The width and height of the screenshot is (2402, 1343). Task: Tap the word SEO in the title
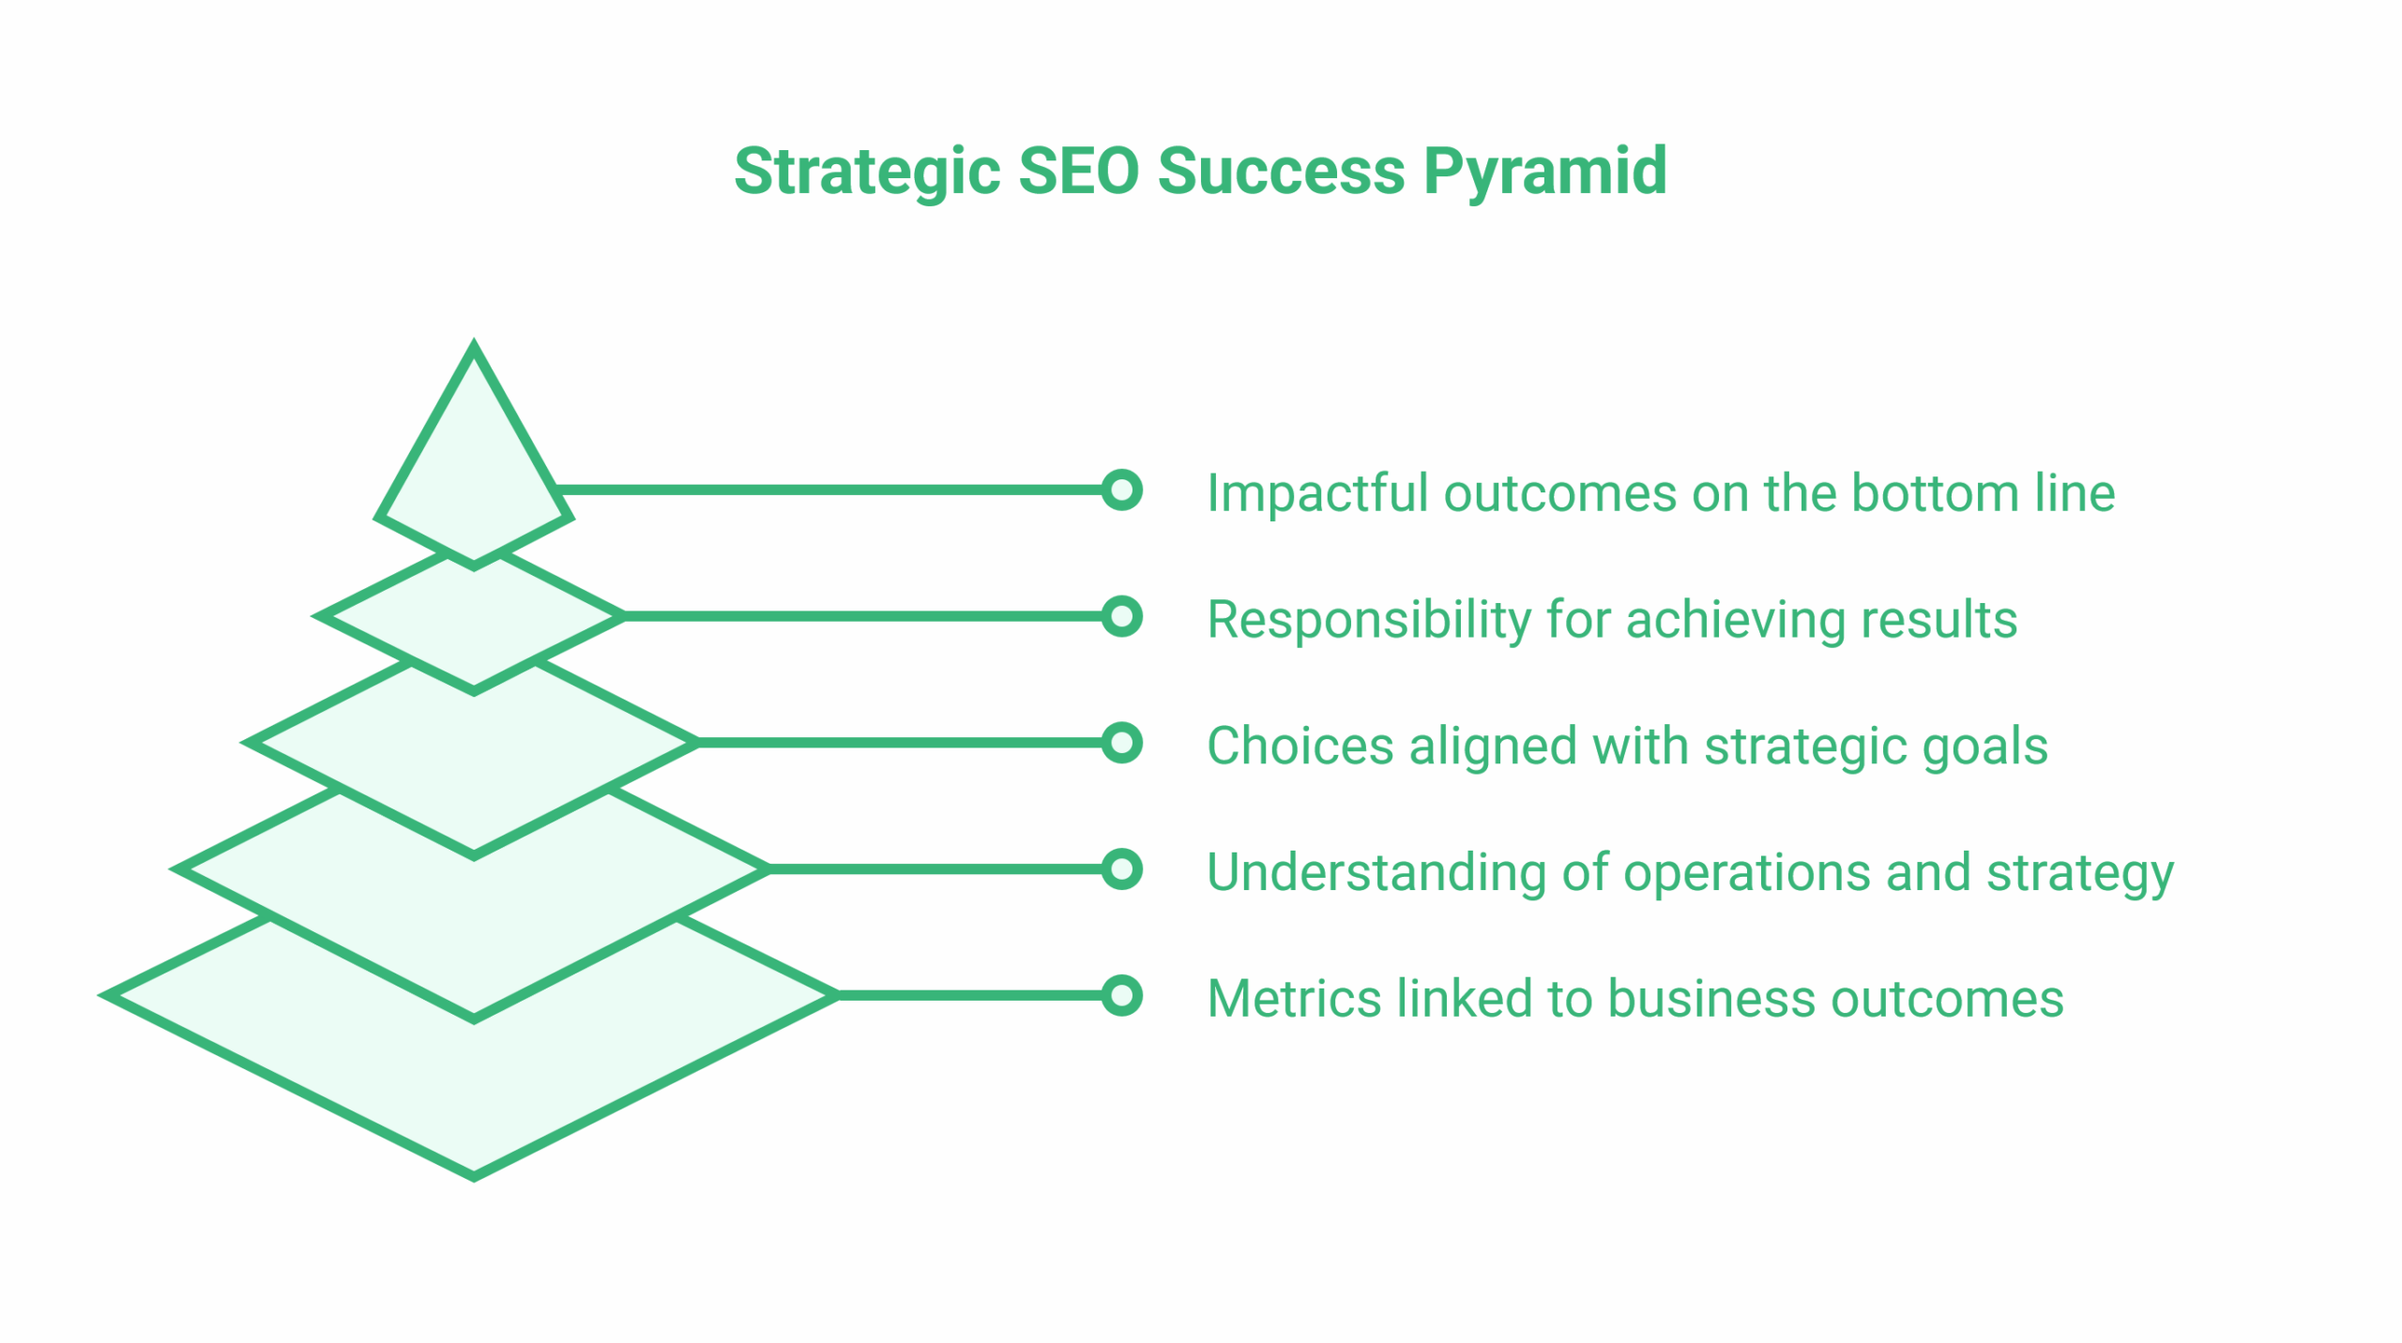[x=1078, y=173]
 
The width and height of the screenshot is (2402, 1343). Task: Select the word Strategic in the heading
[x=867, y=173]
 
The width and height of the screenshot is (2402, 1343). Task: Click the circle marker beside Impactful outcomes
[x=1121, y=490]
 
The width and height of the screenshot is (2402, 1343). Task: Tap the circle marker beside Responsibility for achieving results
[x=1121, y=617]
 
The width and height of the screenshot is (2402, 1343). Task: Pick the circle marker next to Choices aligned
[x=1121, y=743]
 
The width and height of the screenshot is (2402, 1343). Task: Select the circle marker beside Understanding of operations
[x=1121, y=869]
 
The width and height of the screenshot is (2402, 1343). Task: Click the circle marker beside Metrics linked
[x=1121, y=996]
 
